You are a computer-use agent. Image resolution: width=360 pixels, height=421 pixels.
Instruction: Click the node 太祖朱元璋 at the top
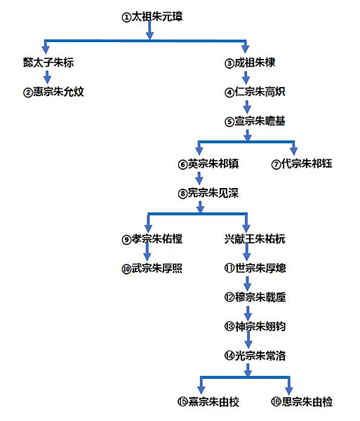pos(152,17)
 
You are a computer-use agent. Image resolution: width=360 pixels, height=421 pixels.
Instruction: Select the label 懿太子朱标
pos(48,62)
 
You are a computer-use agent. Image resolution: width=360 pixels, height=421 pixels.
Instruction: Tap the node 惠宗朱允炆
pos(53,92)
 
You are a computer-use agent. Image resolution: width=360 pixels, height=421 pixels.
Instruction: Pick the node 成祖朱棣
pos(250,63)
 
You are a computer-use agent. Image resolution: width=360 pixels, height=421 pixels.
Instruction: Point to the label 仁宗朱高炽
pos(255,92)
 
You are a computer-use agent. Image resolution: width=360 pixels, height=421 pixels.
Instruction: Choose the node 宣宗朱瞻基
pos(255,121)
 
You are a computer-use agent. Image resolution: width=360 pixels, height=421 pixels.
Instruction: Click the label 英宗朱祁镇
pos(208,163)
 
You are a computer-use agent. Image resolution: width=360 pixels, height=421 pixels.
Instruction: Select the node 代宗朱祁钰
pos(302,163)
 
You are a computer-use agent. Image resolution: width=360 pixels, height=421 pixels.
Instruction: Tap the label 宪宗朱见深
pos(208,193)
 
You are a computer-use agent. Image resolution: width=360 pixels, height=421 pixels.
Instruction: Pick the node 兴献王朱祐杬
pos(255,239)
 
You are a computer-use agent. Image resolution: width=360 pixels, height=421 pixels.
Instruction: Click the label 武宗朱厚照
pos(152,268)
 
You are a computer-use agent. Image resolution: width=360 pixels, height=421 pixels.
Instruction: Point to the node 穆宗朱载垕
pos(255,298)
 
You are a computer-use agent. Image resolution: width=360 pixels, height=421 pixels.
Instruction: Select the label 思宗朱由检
pos(302,401)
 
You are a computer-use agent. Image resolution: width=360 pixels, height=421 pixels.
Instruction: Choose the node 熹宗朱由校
pos(208,401)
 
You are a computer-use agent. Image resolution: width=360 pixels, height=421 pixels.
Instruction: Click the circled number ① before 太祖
pos(126,18)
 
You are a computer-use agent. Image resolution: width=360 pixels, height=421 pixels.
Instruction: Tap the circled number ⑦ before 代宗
pos(276,164)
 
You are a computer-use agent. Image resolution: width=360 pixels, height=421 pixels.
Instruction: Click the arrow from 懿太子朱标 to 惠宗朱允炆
pos(48,76)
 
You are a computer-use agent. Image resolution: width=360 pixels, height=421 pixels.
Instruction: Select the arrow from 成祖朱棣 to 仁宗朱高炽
pos(246,78)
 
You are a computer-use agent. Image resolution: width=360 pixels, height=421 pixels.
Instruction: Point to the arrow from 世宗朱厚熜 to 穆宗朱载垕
pos(248,283)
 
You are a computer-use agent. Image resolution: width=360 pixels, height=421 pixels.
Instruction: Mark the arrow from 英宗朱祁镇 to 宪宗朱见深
pos(199,178)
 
